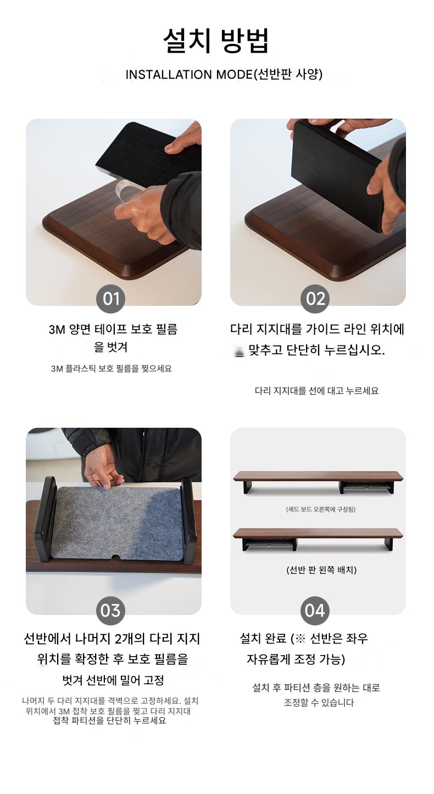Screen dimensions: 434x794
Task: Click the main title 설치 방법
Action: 216,41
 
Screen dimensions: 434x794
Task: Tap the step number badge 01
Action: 110,299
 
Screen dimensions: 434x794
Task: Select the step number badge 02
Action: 315,299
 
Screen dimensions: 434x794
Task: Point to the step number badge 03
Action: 110,611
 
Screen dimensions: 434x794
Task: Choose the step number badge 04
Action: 315,611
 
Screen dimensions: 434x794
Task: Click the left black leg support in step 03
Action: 46,519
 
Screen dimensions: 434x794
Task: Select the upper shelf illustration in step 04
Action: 318,482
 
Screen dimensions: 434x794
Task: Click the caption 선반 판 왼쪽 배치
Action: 321,570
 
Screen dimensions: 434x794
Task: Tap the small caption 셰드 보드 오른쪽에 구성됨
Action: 320,510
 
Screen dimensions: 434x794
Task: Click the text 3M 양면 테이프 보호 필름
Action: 113,329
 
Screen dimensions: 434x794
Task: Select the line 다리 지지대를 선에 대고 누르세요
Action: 316,391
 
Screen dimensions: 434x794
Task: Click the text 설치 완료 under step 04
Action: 263,639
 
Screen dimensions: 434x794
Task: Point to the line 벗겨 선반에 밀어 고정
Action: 113,680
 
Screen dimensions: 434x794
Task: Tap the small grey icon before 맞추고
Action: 240,352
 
